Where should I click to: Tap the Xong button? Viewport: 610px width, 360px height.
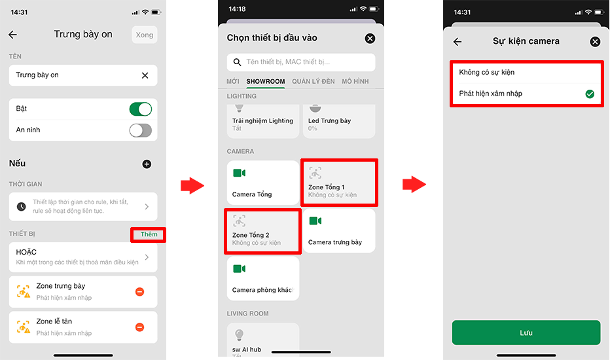[145, 35]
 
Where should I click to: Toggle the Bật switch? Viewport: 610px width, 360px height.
[141, 109]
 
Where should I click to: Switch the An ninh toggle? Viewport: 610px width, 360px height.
[141, 130]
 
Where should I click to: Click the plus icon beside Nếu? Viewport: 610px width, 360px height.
[147, 164]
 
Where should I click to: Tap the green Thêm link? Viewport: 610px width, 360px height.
[149, 234]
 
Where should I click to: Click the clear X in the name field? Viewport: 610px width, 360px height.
[145, 75]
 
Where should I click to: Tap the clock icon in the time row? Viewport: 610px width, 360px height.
[22, 207]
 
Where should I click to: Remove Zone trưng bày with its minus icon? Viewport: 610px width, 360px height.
[139, 292]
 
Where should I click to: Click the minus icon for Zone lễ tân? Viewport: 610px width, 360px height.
[139, 327]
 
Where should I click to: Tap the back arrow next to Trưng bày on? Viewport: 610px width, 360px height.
[13, 35]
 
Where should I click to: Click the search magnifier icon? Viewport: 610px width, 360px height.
[237, 62]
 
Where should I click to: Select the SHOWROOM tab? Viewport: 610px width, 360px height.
[265, 81]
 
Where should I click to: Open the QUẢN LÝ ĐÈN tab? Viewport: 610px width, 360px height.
[313, 81]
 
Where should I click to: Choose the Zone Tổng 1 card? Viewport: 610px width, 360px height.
[338, 182]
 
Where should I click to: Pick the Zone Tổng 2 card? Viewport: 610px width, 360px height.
[262, 231]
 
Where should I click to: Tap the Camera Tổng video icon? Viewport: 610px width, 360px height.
[240, 173]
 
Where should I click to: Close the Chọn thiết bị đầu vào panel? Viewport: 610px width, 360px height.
[370, 38]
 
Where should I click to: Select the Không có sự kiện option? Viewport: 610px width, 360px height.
[487, 73]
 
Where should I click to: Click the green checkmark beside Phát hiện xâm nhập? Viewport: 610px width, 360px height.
[590, 94]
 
